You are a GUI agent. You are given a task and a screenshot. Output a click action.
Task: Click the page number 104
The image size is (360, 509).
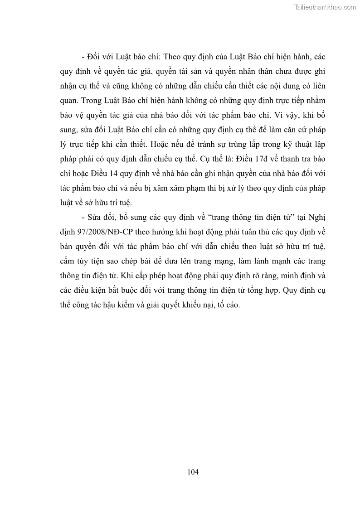click(x=193, y=472)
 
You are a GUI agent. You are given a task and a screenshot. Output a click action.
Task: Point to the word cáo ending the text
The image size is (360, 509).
click(x=232, y=305)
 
